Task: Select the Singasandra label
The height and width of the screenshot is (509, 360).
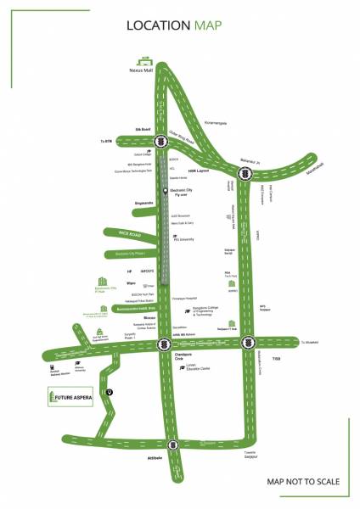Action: point(122,203)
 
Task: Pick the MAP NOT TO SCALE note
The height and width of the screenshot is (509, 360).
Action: point(303,481)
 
